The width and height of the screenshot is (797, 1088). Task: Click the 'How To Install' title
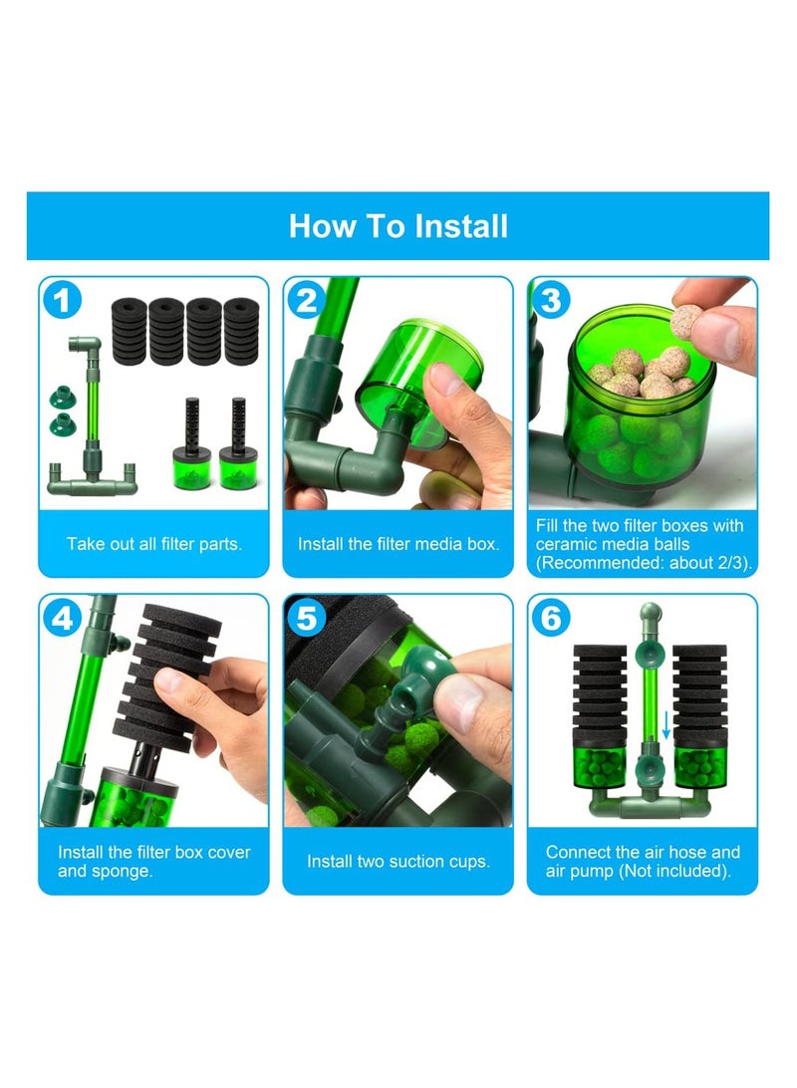398,226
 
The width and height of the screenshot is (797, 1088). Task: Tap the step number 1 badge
63,301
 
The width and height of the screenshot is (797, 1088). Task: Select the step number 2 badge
306,301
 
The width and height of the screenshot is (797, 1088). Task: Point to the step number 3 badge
551,301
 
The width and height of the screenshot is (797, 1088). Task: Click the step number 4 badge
63,618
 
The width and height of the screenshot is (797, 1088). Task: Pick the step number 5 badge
306,618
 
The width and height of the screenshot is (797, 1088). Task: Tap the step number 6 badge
551,618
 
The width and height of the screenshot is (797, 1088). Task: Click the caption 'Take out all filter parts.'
154,544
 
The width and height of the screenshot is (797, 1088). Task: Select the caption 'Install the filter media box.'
398,544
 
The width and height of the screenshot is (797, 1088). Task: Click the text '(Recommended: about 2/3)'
643,563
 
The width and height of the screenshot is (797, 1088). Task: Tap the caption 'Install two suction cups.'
398,861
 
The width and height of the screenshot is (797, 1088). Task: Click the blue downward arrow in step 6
665,724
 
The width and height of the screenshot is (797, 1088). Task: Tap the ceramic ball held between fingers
686,322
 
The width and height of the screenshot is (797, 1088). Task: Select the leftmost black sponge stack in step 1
130,331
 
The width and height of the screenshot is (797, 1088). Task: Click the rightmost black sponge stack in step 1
241,331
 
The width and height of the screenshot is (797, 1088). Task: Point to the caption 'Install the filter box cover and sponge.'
154,861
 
